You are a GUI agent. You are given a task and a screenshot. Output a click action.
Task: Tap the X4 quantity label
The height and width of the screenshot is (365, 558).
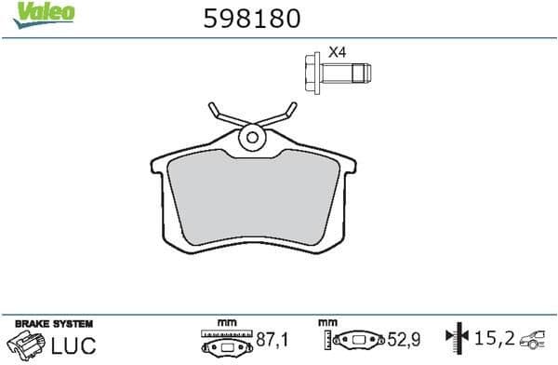click(337, 53)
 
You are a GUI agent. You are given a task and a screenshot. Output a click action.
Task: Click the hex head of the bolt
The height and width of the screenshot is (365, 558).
click(313, 71)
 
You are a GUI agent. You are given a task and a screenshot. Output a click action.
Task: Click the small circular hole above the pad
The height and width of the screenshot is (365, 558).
click(251, 138)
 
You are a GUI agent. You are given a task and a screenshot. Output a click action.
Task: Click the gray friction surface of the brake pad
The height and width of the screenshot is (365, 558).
click(251, 200)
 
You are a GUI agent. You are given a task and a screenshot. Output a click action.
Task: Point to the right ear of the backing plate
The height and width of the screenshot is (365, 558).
click(345, 166)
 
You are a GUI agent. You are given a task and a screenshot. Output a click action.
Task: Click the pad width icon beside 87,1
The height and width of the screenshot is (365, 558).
click(227, 341)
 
